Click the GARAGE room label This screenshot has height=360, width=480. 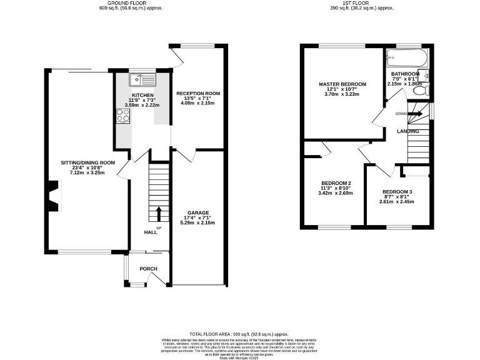pyautogui.click(x=197, y=212)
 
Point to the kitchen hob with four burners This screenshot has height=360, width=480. pyautogui.click(x=121, y=115)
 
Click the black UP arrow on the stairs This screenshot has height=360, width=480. pyautogui.click(x=159, y=214)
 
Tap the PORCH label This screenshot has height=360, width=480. pyautogui.click(x=148, y=269)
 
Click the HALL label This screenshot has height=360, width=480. pyautogui.click(x=151, y=232)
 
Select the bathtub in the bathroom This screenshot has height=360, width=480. pyautogui.click(x=406, y=59)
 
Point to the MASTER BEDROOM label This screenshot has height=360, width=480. pyautogui.click(x=342, y=84)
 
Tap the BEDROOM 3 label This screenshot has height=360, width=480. pyautogui.click(x=397, y=191)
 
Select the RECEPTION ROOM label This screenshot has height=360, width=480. pyautogui.click(x=197, y=93)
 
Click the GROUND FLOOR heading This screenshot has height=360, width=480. pyautogui.click(x=122, y=4)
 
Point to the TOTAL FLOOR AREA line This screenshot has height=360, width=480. pyautogui.click(x=240, y=334)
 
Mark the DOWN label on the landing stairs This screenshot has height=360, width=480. pyautogui.click(x=401, y=114)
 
